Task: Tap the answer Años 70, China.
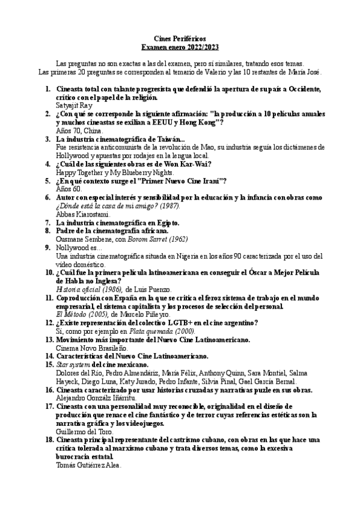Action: pos(79,130)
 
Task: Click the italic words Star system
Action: pos(73,364)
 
